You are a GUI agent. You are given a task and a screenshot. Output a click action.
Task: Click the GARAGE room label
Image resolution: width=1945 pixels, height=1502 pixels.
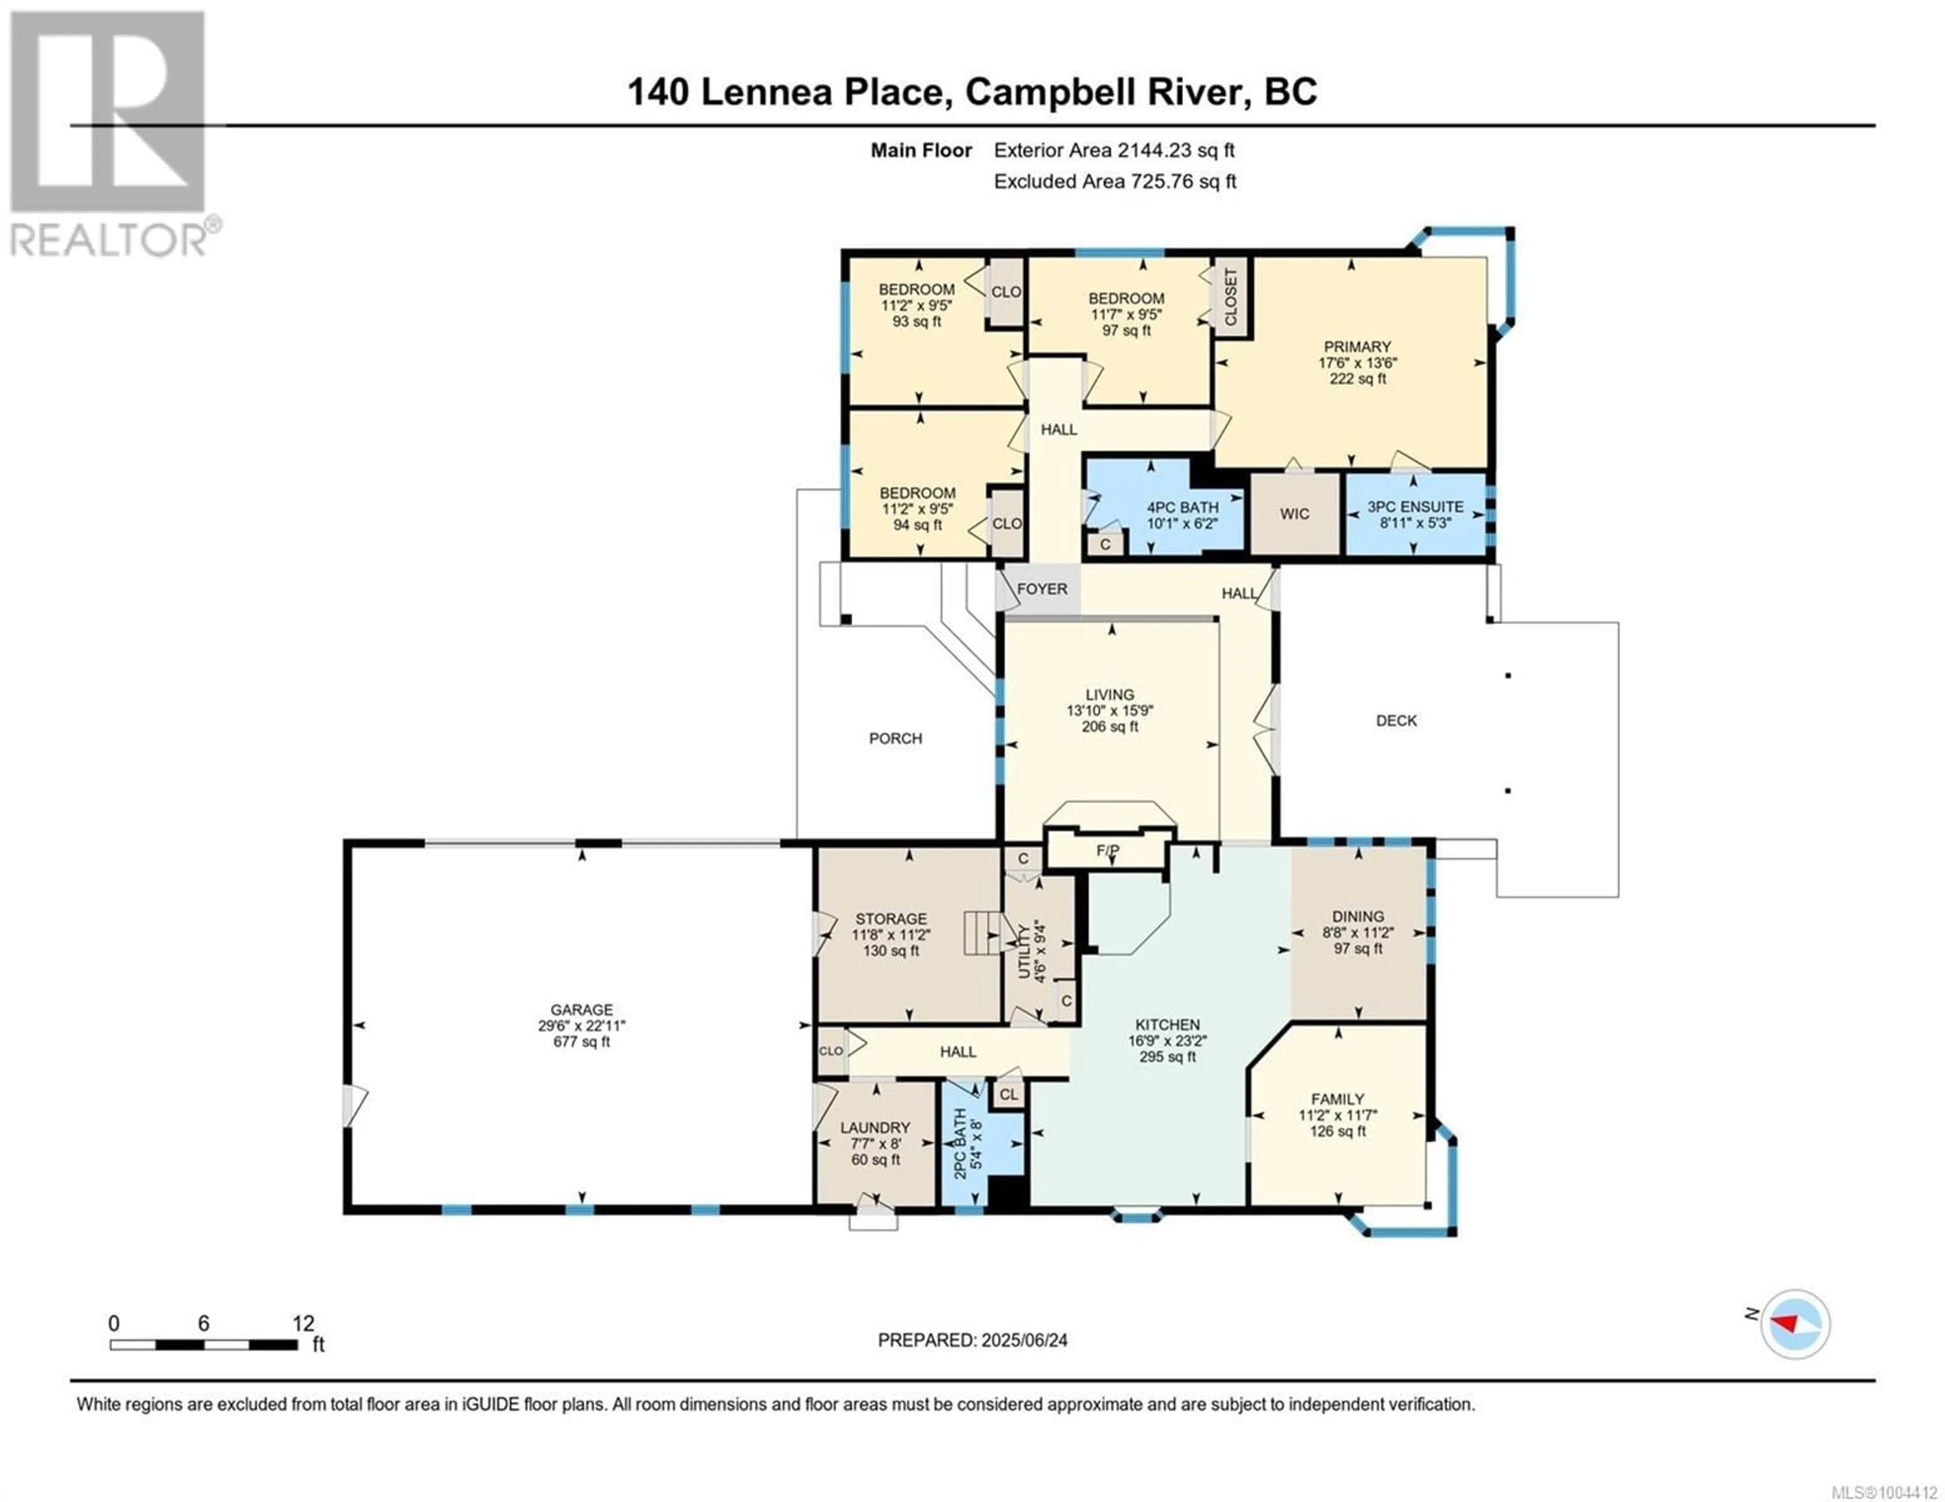(x=581, y=1009)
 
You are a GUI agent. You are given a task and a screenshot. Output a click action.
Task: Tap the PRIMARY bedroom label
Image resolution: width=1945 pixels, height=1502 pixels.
(x=1357, y=346)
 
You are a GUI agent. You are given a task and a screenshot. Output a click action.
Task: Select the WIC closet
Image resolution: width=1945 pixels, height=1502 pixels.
(x=1295, y=514)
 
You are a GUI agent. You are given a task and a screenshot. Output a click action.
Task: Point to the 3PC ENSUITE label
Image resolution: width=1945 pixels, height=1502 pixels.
(x=1415, y=507)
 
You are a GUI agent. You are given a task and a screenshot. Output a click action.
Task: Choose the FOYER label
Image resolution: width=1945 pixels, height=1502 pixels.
(x=1042, y=589)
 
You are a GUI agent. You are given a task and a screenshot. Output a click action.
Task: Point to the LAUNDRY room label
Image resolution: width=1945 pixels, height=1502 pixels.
(x=875, y=1127)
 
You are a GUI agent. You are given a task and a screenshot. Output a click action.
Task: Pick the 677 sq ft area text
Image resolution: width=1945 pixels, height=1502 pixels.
(x=581, y=1042)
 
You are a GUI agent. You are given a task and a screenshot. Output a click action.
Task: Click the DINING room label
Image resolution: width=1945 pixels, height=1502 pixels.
(x=1358, y=916)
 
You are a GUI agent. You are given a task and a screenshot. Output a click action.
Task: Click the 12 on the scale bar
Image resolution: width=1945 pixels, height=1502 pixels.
(x=304, y=1323)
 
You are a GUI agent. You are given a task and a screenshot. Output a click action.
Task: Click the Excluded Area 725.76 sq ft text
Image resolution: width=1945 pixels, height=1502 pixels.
(x=1115, y=182)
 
